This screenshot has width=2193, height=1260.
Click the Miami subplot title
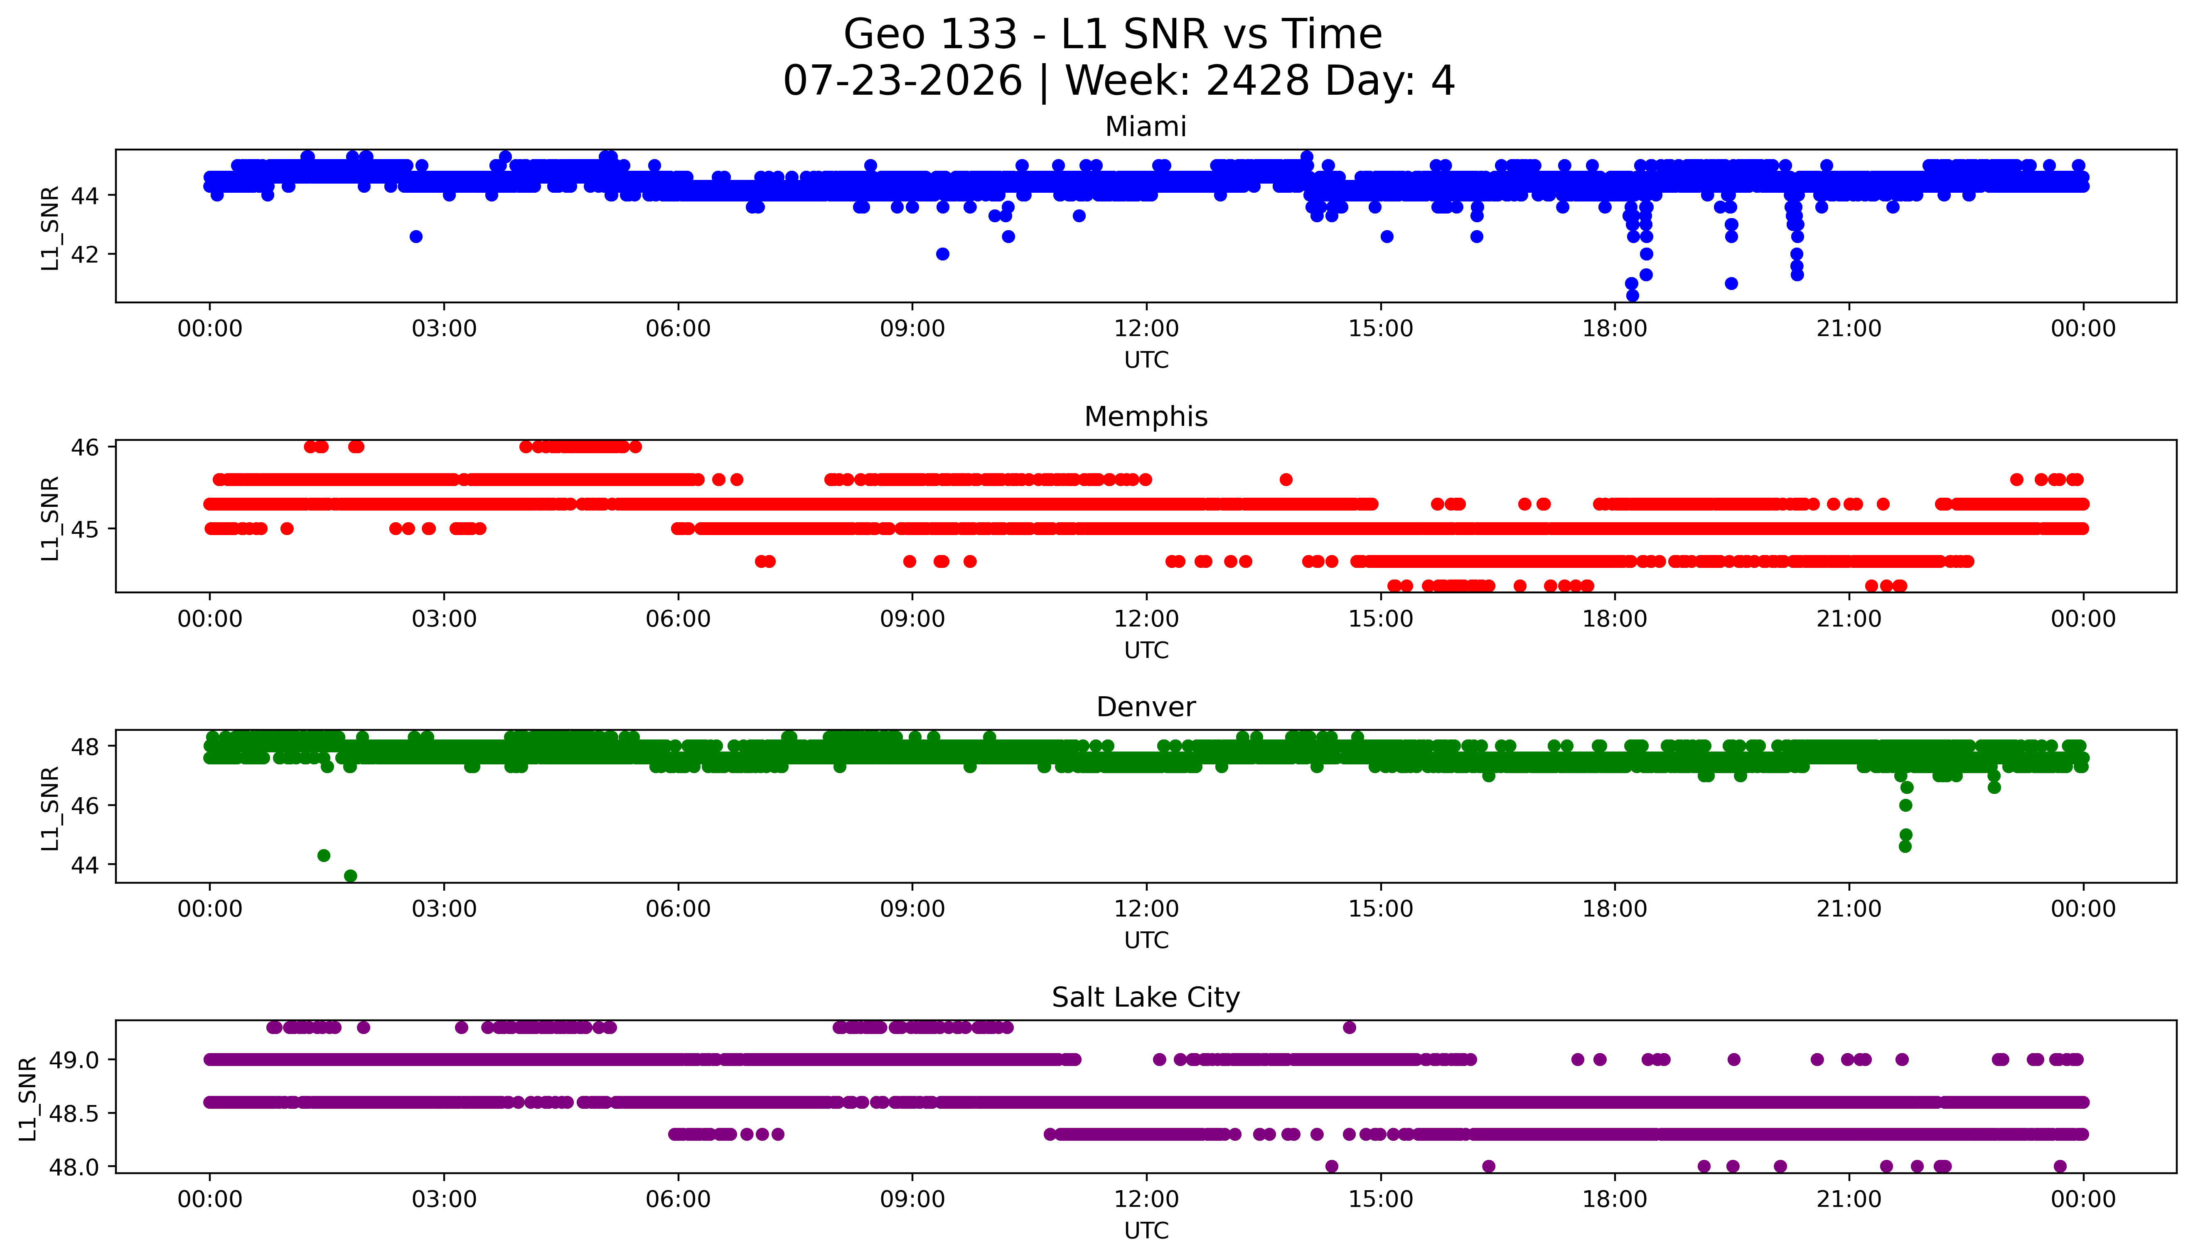pos(1146,127)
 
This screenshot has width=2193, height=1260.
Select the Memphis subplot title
pos(1146,417)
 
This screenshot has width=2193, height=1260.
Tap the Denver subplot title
pos(1146,707)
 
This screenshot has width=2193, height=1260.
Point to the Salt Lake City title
pos(1146,998)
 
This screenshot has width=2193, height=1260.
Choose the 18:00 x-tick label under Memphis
pos(1615,619)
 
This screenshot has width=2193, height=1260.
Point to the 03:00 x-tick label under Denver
pos(444,909)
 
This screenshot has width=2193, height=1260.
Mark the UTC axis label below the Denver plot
pos(1146,940)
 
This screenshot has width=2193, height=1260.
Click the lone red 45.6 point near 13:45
pos(1286,479)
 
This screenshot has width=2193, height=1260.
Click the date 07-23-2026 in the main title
pos(902,81)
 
